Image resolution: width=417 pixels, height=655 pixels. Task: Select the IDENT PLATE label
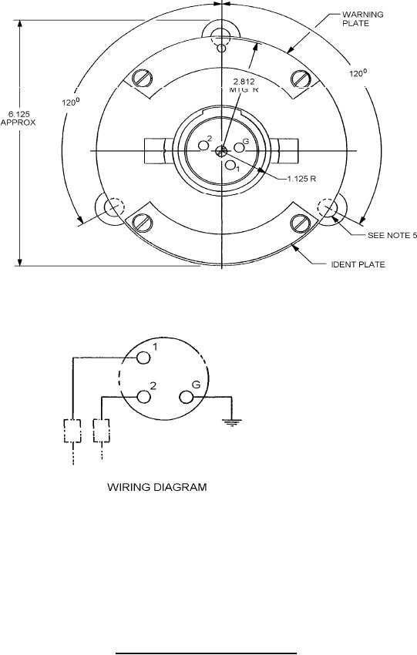(x=358, y=264)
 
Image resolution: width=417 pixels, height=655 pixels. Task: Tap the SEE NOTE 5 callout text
(x=392, y=235)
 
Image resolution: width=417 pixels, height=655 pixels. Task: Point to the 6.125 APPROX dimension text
(x=18, y=118)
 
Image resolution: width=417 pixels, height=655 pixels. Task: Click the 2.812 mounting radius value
(x=244, y=82)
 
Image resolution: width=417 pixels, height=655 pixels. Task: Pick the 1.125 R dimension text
(x=301, y=179)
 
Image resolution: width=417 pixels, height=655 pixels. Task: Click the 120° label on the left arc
(x=71, y=102)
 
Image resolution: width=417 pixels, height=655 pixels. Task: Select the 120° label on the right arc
(x=358, y=73)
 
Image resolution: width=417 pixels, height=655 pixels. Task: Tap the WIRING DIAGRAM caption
(x=157, y=487)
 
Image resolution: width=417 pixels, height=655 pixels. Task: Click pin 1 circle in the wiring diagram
(x=143, y=358)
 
